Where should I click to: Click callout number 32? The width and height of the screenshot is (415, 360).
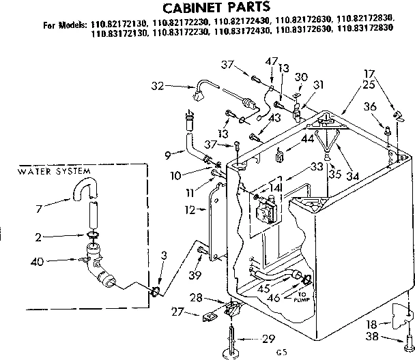[x=158, y=86]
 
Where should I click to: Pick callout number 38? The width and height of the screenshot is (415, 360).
[x=390, y=337]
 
